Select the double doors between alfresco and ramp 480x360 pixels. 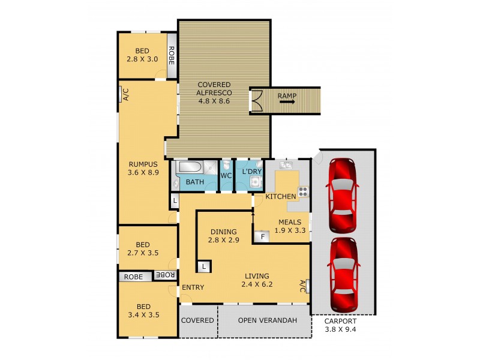(256, 100)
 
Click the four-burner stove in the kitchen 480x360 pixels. (304, 192)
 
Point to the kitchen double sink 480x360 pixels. (285, 164)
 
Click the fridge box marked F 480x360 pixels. (262, 236)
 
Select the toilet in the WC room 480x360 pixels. (226, 166)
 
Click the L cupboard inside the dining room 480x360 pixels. (204, 266)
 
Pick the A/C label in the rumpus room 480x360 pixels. (125, 94)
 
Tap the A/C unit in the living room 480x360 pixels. (306, 286)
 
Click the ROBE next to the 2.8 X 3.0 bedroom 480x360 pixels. (172, 55)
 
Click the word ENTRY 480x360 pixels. (193, 287)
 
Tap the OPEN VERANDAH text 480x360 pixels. (268, 320)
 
